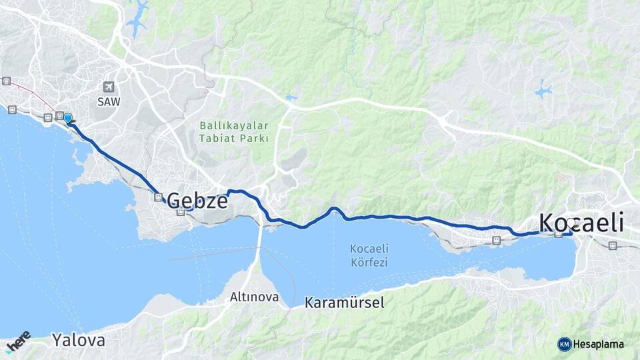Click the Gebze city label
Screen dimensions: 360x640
click(x=197, y=200)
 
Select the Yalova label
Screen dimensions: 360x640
click(x=79, y=340)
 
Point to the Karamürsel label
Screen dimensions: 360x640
click(x=345, y=303)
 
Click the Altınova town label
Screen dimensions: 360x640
click(x=254, y=297)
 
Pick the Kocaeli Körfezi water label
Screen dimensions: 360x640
click(x=369, y=255)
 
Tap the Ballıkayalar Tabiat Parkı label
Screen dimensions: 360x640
click(x=234, y=132)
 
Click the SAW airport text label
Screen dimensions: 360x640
click(x=109, y=101)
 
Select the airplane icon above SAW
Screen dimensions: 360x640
click(x=109, y=87)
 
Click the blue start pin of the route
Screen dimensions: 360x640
click(x=67, y=119)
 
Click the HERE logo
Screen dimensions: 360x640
click(x=18, y=341)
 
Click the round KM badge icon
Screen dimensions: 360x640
click(x=565, y=344)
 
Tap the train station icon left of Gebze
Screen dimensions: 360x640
click(x=158, y=197)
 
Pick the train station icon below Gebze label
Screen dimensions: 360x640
click(x=181, y=213)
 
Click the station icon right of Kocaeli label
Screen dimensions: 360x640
click(x=613, y=245)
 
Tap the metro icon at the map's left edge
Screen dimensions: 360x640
click(x=6, y=81)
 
